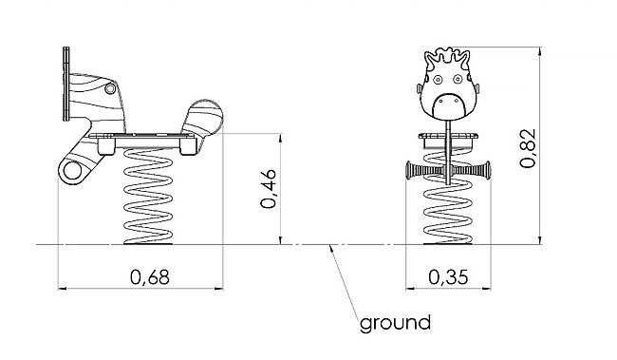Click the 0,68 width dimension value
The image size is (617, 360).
tap(150, 277)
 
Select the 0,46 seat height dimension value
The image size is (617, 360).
tap(269, 189)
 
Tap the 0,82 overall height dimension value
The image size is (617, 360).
tap(528, 148)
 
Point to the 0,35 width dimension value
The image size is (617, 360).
tap(449, 277)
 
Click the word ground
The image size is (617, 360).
tap(395, 323)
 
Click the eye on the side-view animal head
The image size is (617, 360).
tap(110, 88)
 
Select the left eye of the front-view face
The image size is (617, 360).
tap(438, 80)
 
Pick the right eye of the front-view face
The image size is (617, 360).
tap(458, 80)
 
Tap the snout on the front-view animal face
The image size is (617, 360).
tap(448, 106)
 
